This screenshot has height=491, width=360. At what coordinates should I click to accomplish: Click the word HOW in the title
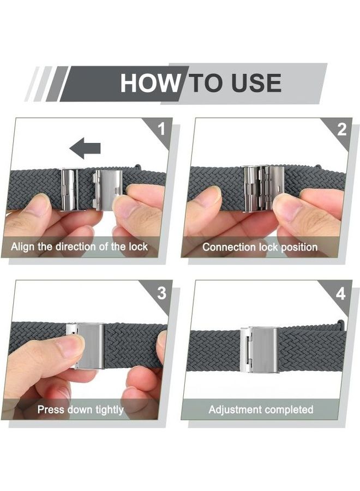pyautogui.click(x=149, y=83)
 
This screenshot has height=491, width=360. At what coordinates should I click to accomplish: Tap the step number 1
pyautogui.click(x=160, y=129)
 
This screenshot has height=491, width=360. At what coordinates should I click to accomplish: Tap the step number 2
pyautogui.click(x=341, y=129)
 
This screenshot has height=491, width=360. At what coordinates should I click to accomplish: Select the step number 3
pyautogui.click(x=161, y=293)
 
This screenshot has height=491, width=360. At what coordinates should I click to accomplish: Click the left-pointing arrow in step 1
pyautogui.click(x=85, y=147)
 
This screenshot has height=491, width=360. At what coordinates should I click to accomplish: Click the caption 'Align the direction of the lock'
pyautogui.click(x=79, y=247)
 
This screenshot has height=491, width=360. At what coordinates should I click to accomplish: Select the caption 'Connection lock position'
pyautogui.click(x=260, y=247)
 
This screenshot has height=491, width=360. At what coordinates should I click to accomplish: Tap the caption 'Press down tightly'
pyautogui.click(x=80, y=409)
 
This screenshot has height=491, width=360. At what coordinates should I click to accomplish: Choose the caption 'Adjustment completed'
pyautogui.click(x=261, y=409)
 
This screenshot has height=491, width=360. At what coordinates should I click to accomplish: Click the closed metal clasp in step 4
pyautogui.click(x=260, y=349)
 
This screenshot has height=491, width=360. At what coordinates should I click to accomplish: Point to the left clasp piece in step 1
pyautogui.click(x=70, y=189)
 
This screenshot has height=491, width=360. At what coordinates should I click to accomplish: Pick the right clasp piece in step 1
pyautogui.click(x=109, y=188)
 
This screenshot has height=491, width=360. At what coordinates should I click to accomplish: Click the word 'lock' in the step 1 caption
pyautogui.click(x=137, y=247)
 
